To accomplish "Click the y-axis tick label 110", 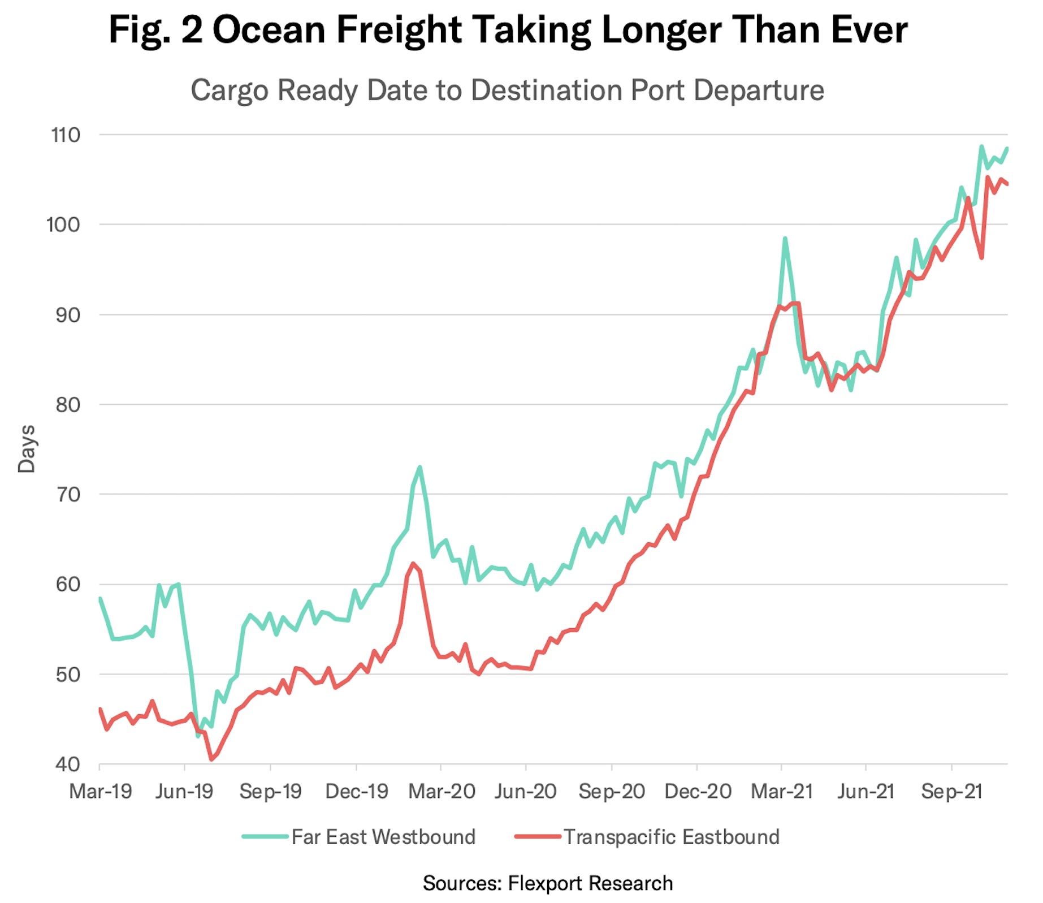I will (x=66, y=136).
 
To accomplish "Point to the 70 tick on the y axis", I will (x=68, y=495).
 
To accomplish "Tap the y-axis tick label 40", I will (x=68, y=765).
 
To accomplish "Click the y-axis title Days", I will (x=27, y=449).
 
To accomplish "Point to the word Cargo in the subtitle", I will (x=229, y=90).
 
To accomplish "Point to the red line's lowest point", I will (x=211, y=759).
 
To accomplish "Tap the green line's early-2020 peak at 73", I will (x=419, y=467).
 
